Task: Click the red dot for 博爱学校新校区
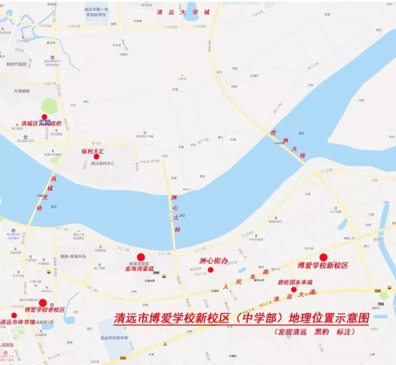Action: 323,257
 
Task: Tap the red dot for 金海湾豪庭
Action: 141,257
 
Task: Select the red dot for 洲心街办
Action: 210,270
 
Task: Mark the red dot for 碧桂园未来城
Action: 294,289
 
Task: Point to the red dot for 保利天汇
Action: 96,156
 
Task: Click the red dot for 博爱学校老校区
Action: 43,303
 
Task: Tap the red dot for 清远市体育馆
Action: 14,315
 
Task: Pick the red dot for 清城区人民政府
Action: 44,117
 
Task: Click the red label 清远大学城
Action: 183,12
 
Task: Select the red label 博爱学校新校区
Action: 322,265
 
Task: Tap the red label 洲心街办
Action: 213,261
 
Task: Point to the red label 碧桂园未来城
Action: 295,283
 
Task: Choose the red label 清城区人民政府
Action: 41,123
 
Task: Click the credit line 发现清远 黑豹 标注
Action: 315,332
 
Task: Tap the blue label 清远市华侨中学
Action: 114,338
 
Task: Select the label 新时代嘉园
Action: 16,64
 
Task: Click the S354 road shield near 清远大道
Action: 378,291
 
